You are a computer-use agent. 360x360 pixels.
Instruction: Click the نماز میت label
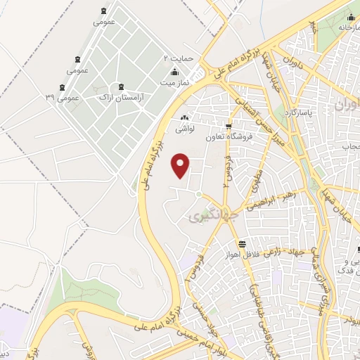[x=174, y=84]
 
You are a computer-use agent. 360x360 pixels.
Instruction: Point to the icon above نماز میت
[x=174, y=72]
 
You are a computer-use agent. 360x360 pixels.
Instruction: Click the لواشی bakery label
[x=184, y=129]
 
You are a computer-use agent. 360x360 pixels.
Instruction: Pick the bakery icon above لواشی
[x=184, y=119]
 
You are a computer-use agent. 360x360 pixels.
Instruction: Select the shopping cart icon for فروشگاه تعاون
[x=228, y=127]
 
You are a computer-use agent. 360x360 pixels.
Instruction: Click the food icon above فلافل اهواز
[x=242, y=244]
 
